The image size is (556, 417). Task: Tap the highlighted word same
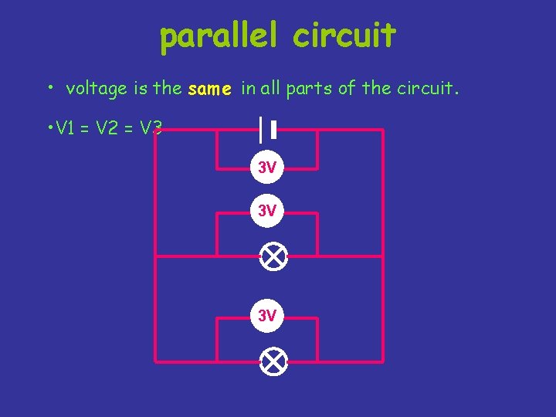209,89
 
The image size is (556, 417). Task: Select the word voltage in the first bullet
97,90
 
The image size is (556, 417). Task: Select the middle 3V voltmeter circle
267,210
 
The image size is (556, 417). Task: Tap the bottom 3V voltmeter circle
267,316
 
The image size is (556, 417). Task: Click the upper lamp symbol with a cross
273,256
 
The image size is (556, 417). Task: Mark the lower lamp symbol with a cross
273,361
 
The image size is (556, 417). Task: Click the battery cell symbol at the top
267,129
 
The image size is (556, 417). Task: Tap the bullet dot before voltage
49,89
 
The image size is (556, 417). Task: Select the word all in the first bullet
271,89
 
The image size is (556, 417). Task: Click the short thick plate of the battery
273,130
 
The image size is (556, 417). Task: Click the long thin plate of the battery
261,129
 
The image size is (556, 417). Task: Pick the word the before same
167,89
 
